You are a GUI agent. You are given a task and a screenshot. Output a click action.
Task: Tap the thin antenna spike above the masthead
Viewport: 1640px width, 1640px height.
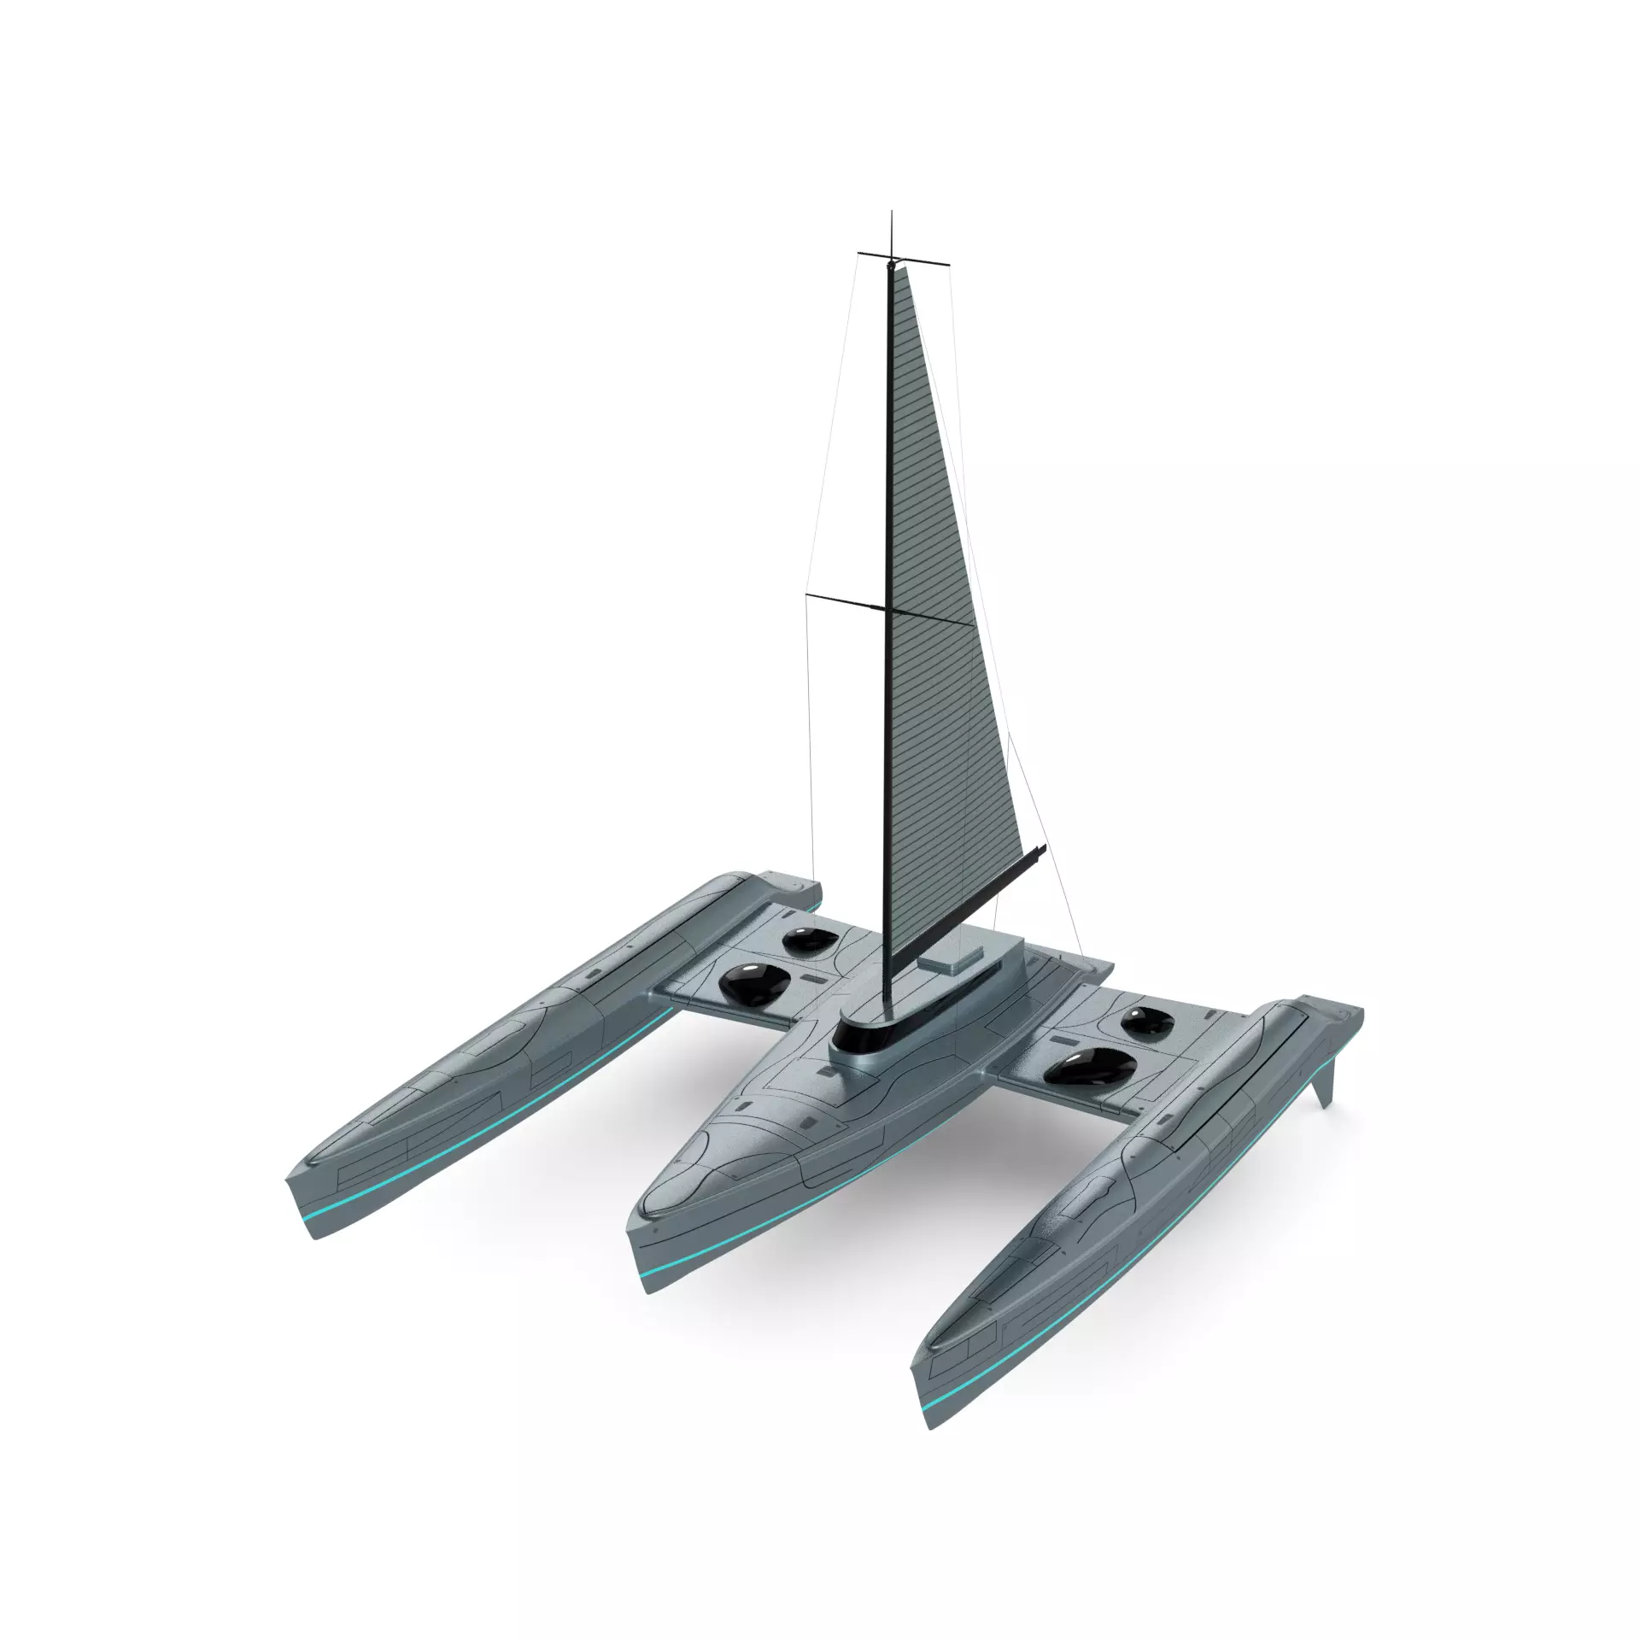tap(892, 231)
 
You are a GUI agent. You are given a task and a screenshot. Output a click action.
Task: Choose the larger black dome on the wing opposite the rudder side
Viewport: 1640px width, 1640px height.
tap(749, 984)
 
